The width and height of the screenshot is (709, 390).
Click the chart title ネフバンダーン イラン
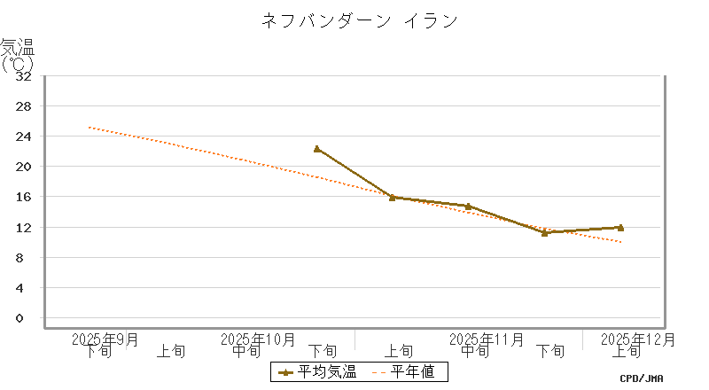coord(359,20)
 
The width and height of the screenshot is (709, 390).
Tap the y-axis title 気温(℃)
coord(18,55)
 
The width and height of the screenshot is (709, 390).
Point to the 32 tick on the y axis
coord(24,76)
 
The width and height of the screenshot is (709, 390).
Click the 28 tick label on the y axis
coord(24,106)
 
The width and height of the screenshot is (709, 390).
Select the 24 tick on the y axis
coord(24,136)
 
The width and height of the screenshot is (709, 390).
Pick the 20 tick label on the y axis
coord(24,167)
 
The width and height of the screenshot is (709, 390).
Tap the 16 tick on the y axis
coord(24,197)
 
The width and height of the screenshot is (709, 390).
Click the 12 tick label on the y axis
coord(24,227)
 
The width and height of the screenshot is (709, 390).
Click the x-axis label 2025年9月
coord(105,339)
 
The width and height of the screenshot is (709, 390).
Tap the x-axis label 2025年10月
coord(257,339)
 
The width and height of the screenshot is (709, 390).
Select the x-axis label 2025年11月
coord(487,339)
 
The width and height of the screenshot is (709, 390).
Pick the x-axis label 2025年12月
coord(638,339)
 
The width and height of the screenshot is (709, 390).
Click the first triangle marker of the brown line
coord(317,149)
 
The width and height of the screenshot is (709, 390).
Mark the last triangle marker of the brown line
coord(620,228)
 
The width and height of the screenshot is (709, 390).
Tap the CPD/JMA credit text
coord(642,378)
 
